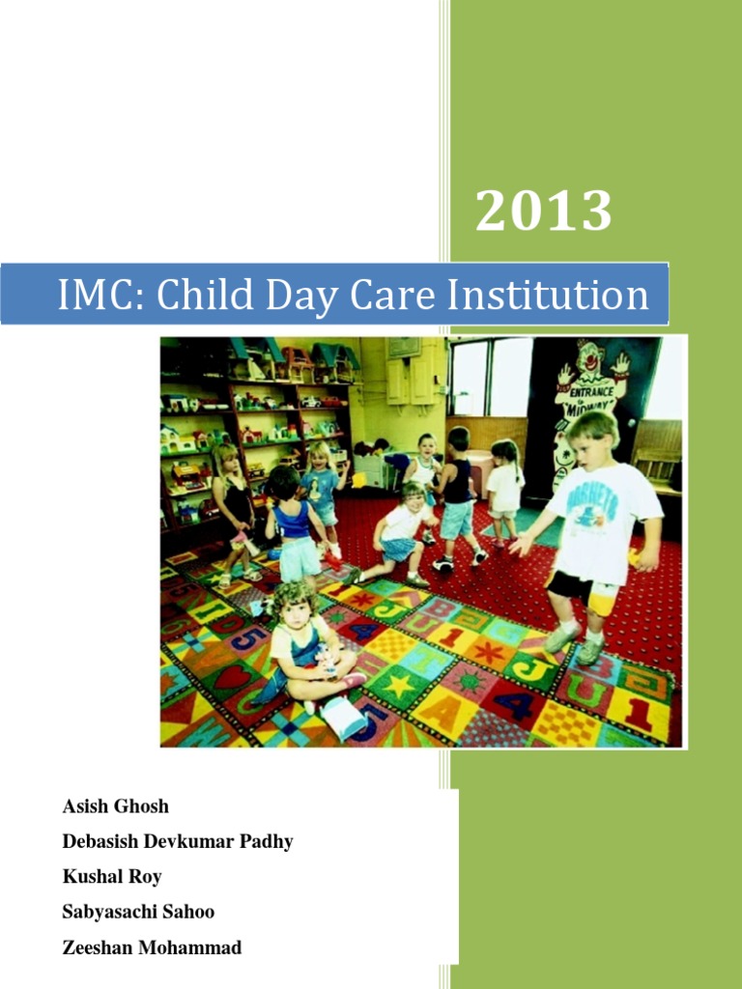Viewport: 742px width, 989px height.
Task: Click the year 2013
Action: pos(544,212)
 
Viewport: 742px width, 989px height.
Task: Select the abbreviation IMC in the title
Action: pos(94,296)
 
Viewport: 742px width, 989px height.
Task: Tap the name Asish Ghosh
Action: pos(115,805)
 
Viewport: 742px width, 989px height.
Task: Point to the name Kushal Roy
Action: pos(111,877)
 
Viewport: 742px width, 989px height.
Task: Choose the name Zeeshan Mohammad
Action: pos(152,947)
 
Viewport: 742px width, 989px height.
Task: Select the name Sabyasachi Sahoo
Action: pos(138,913)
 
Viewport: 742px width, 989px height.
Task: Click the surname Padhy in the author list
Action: pos(267,841)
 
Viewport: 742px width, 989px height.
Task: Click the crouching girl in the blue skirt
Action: pos(400,536)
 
